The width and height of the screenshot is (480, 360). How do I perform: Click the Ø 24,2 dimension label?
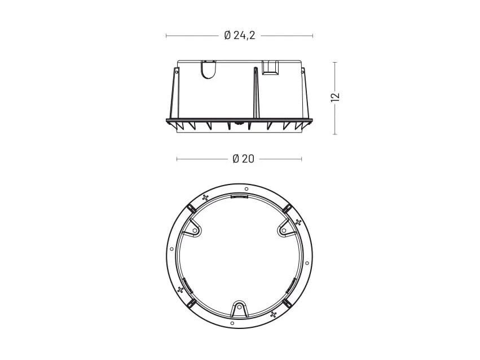[x=239, y=36]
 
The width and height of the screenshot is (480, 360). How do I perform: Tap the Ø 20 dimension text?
[x=243, y=159]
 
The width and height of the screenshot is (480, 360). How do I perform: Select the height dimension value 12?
[x=336, y=96]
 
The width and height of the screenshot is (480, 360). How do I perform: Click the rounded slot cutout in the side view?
[x=208, y=70]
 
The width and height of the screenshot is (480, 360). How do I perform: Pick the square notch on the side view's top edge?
[x=270, y=68]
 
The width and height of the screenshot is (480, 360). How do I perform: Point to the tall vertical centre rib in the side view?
[x=256, y=93]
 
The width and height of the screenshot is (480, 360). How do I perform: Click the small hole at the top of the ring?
[x=246, y=189]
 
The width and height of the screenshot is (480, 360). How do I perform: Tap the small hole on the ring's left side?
[x=171, y=249]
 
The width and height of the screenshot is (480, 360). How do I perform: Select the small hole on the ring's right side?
[x=307, y=263]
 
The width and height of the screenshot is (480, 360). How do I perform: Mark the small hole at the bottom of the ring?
[x=232, y=323]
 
